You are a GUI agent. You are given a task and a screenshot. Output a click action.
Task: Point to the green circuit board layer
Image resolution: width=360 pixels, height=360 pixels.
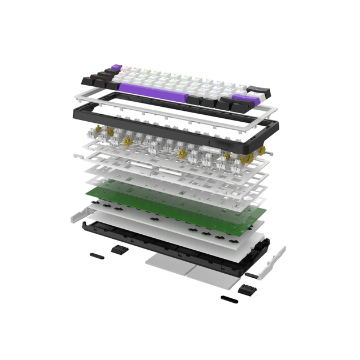tap(171, 203)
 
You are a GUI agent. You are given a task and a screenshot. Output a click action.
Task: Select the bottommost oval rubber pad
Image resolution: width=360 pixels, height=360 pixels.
tap(229, 298)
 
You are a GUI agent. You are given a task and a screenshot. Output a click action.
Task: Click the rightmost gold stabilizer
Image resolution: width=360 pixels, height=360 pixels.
tap(263, 151)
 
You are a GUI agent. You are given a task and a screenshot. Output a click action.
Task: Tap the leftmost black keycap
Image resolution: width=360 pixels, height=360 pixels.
tap(89, 78)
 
